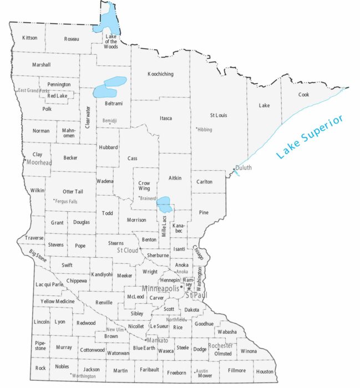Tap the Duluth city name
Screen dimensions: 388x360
point(244,167)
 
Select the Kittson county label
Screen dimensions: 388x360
point(29,38)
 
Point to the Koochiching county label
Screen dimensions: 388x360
point(160,74)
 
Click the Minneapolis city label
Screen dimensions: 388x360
point(161,289)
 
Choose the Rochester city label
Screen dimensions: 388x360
point(220,346)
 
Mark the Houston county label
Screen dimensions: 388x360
point(265,371)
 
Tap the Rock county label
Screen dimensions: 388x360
point(40,368)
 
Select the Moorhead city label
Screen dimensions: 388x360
point(39,162)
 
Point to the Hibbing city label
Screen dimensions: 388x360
point(205,129)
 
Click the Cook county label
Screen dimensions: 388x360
point(303,95)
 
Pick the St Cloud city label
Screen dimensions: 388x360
point(127,250)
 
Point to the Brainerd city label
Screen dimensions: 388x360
point(148,198)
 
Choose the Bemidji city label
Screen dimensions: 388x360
point(110,120)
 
